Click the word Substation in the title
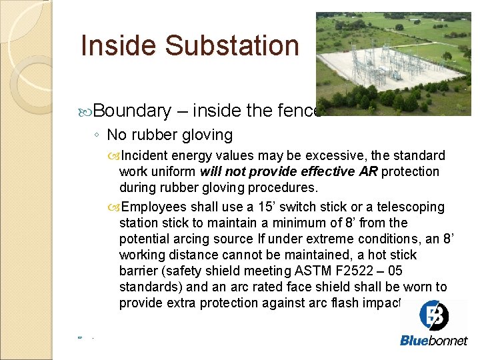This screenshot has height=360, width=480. pos(231,46)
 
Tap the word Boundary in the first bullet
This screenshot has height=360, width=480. pos(132,111)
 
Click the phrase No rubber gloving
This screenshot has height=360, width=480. pos(169,135)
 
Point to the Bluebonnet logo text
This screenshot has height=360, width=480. pos(433,341)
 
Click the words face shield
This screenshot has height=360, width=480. pos(323,287)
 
